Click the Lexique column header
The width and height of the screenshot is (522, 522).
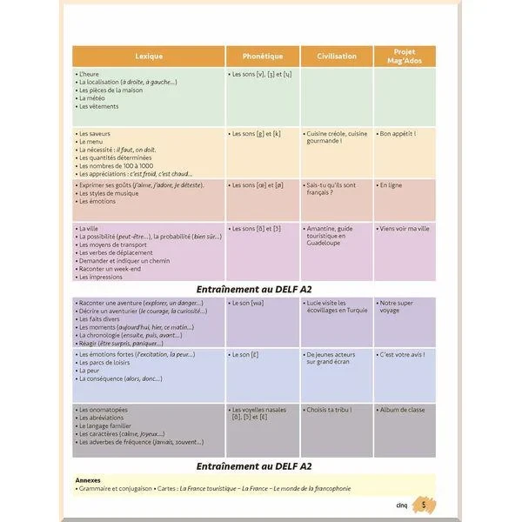(149, 57)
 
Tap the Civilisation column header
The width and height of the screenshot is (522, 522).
(337, 57)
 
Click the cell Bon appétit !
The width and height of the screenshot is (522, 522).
(398, 134)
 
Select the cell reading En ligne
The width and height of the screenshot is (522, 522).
(391, 185)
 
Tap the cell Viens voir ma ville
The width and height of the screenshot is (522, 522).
(405, 229)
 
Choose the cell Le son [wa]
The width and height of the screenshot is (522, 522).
(248, 303)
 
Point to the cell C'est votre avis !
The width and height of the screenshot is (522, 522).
(405, 355)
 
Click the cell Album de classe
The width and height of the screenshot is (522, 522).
(403, 409)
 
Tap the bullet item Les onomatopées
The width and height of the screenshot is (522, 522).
(103, 409)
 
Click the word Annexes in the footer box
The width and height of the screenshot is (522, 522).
(89, 479)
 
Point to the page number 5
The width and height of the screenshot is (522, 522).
(424, 505)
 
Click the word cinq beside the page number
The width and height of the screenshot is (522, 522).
(402, 505)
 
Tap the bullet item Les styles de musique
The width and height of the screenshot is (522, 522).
(105, 193)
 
